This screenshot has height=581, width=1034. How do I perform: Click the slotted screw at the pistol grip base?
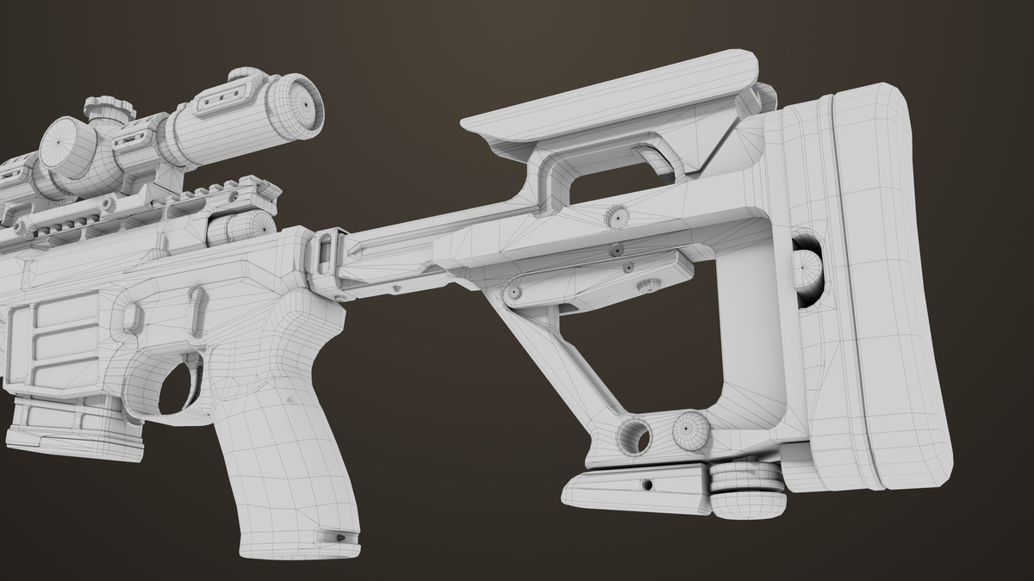[x=337, y=536]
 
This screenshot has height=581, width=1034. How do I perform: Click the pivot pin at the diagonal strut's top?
[x=514, y=293]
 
